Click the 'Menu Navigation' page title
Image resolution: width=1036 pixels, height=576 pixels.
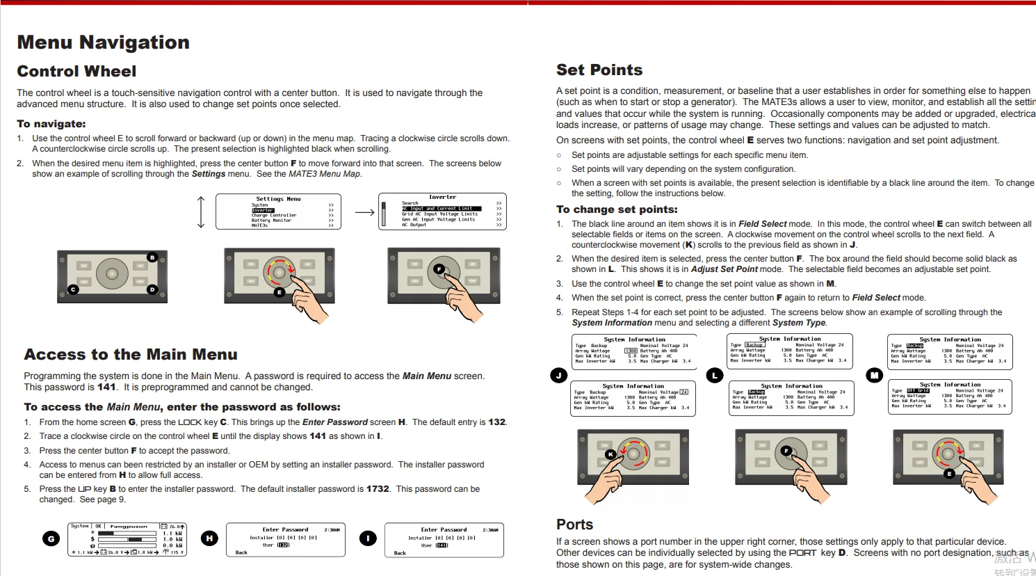click(x=103, y=42)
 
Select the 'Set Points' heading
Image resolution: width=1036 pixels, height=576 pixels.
click(x=599, y=70)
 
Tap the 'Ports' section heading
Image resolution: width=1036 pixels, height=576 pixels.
click(x=574, y=525)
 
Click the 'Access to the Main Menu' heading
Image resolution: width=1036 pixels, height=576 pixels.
click(x=131, y=355)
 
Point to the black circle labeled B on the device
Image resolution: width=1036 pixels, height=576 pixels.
click(x=152, y=257)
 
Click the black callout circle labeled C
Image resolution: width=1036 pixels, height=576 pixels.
click(x=73, y=289)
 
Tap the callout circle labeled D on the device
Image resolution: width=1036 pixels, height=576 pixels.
click(x=152, y=289)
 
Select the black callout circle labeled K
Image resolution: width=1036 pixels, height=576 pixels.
click(x=610, y=454)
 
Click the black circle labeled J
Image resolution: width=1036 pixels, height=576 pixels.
click(x=558, y=376)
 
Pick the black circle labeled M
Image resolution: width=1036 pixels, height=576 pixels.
click(x=875, y=376)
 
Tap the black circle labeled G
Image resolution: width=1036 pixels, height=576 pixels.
click(x=51, y=538)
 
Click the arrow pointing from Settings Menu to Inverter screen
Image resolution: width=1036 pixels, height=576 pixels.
click(x=364, y=212)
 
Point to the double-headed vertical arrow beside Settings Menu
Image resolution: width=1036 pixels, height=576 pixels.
click(x=202, y=212)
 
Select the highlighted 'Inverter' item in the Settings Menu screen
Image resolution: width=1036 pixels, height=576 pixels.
click(x=263, y=210)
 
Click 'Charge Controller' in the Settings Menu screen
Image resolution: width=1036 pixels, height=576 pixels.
click(x=274, y=216)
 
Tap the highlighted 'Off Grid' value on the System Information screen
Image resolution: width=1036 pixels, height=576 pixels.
click(x=918, y=391)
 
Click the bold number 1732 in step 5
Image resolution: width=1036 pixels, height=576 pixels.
click(x=378, y=489)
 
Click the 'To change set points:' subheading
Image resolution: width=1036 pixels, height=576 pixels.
click(x=617, y=209)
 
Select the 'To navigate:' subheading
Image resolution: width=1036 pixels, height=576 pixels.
click(x=51, y=124)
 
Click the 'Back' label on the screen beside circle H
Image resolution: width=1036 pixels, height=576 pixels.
click(x=241, y=552)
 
